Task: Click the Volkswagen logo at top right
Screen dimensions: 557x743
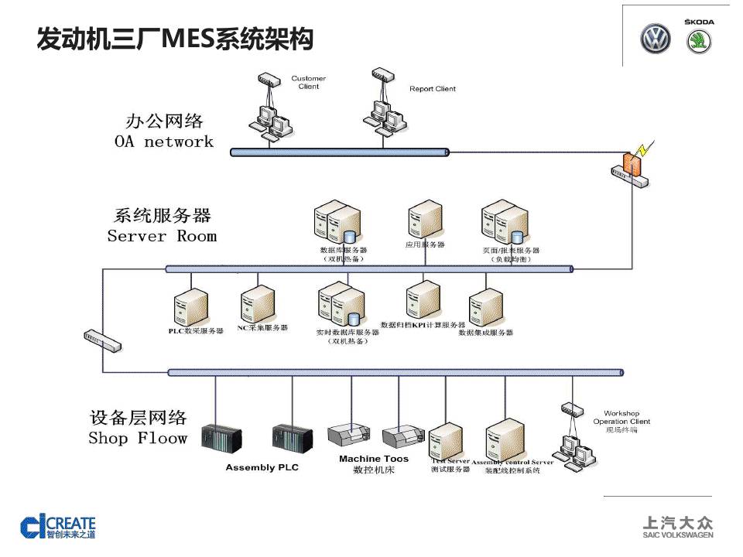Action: [655, 39]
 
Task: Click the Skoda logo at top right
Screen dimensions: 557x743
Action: [699, 40]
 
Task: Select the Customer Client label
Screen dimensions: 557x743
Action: [308, 82]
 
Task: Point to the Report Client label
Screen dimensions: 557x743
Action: [433, 89]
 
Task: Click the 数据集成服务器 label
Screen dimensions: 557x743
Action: [485, 333]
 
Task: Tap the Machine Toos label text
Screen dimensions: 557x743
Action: [373, 459]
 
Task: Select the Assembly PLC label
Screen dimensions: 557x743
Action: [262, 467]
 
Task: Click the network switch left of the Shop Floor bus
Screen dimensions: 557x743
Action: [102, 340]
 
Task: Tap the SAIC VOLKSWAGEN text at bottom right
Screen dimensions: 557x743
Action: [678, 535]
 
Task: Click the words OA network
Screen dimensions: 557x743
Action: [163, 142]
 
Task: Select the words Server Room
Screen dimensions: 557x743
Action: [162, 236]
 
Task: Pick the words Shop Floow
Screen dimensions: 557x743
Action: [138, 438]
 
